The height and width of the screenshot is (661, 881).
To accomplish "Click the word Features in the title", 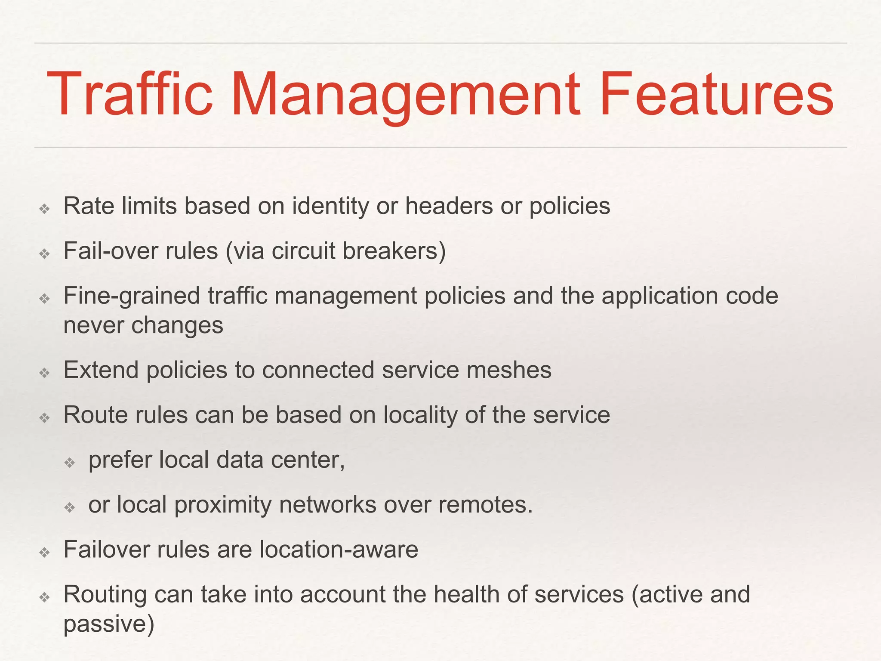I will click(x=716, y=95).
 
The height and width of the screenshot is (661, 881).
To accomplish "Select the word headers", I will click(x=449, y=206).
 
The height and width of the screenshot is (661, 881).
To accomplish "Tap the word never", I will click(x=93, y=325).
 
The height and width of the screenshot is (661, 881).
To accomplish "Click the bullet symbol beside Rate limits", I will click(x=45, y=210).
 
